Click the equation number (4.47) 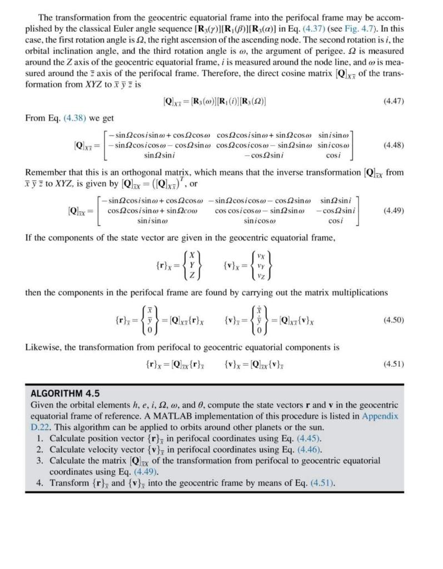click(x=394, y=102)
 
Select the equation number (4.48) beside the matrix click(x=394, y=146)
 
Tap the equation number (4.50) click(x=394, y=320)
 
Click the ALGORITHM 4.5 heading click(x=65, y=393)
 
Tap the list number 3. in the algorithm click(x=40, y=461)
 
